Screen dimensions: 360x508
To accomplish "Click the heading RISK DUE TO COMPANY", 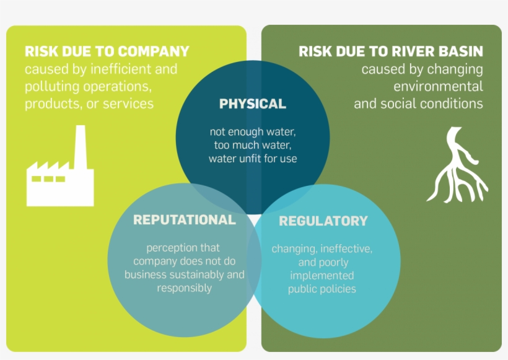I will tap(107, 51).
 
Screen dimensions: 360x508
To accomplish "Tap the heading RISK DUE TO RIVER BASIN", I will tap(390, 51).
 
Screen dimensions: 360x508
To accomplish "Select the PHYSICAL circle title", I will tap(253, 103).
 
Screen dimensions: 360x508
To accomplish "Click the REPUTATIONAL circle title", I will tap(185, 220).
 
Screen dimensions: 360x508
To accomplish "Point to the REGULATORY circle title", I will tap(323, 221).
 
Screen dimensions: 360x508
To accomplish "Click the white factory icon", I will tap(59, 177).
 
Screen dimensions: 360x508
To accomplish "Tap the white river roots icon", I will tap(457, 166).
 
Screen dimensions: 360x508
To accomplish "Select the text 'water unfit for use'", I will tap(253, 159).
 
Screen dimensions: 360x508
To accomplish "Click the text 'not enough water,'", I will tap(253, 131).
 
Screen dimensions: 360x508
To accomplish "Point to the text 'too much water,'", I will tap(253, 145).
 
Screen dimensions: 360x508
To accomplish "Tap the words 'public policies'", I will tap(322, 289).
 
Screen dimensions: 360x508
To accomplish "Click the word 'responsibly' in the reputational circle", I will tap(185, 288).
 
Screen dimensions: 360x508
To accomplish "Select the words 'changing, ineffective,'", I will tap(322, 248).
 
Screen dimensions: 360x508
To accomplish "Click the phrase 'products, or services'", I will tap(89, 103).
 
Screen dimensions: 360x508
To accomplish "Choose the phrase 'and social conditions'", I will tap(418, 103).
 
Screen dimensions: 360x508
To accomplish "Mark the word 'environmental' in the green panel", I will tap(438, 86).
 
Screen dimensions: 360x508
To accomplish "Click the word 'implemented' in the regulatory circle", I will tap(322, 275).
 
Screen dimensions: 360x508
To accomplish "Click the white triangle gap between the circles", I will tap(254, 221).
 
